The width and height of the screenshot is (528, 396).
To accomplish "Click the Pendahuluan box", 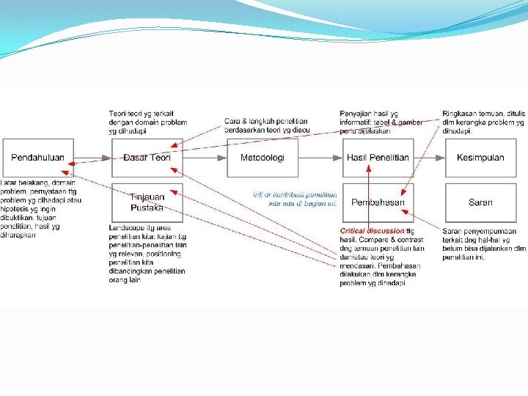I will tap(37, 158).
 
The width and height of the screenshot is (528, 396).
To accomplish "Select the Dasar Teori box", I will tap(147, 158).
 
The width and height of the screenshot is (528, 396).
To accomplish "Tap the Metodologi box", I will tap(263, 158).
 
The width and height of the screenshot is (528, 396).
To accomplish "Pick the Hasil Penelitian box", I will tap(378, 158).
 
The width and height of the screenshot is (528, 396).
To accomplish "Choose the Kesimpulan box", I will tap(480, 158).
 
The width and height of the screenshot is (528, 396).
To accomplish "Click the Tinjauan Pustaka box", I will tap(147, 202).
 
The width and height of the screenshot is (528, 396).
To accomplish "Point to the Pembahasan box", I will tap(378, 202).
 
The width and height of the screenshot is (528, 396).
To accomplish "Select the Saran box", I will tap(480, 202).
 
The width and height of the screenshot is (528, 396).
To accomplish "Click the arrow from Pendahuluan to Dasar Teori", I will tap(93, 158).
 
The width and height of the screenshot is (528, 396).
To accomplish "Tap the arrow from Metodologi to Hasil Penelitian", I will tap(320, 158).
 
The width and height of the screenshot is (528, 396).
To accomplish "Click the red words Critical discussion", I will tap(373, 231).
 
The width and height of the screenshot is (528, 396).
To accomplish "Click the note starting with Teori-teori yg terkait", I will tap(147, 122).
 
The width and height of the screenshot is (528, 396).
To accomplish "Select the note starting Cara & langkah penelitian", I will tap(266, 125).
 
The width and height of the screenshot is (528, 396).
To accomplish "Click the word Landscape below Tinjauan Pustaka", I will tap(124, 228).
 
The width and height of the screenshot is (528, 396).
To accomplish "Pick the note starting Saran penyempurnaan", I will tap(483, 244).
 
